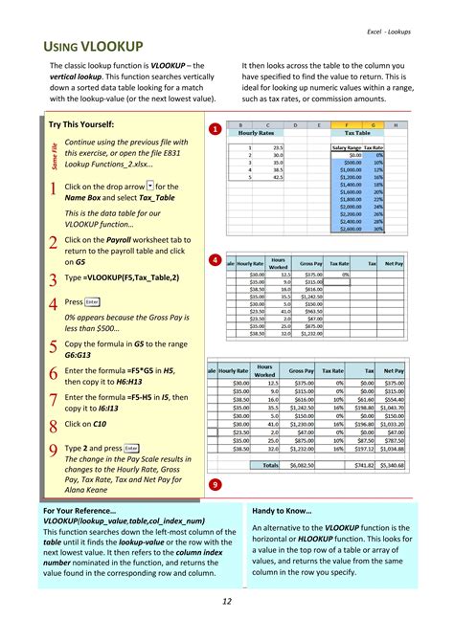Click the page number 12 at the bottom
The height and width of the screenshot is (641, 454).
(x=227, y=602)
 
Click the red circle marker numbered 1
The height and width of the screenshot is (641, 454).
(x=215, y=128)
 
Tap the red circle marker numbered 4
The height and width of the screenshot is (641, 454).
(x=215, y=260)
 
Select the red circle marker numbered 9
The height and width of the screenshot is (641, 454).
(x=215, y=485)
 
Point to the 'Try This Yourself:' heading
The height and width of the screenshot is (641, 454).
(x=81, y=125)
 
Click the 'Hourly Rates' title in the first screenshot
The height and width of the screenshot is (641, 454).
(x=257, y=134)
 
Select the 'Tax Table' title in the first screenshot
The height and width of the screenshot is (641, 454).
(x=357, y=134)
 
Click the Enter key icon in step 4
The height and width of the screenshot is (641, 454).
(x=93, y=301)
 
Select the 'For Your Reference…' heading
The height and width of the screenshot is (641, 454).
(x=80, y=511)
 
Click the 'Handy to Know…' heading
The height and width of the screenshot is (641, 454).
(x=284, y=511)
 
